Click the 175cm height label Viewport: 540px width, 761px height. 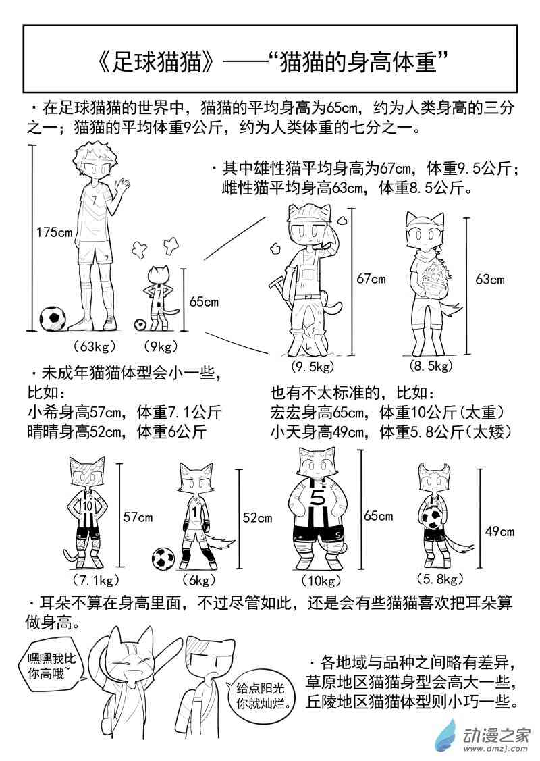click(x=55, y=232)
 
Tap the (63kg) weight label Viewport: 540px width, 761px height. click(x=94, y=346)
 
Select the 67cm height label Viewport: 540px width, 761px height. click(x=371, y=279)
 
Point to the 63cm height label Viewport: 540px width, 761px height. click(x=489, y=279)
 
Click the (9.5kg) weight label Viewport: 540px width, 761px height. click(x=313, y=367)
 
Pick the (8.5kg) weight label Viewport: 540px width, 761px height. click(x=431, y=365)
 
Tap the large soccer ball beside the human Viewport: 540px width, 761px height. click(x=53, y=319)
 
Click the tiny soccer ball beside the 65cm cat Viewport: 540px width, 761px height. click(x=140, y=324)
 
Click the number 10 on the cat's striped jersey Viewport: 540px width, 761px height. click(x=87, y=506)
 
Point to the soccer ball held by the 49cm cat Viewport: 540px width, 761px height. click(x=432, y=518)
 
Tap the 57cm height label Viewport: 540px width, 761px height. click(x=138, y=517)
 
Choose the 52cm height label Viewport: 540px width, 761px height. click(x=257, y=518)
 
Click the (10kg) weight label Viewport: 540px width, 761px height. click(x=321, y=581)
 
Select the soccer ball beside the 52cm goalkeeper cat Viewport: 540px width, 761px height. click(x=163, y=558)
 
